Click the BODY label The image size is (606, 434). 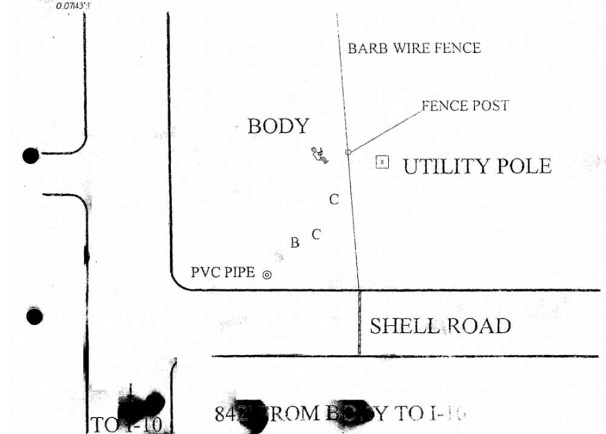tap(278, 127)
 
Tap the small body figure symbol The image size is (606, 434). tap(319, 155)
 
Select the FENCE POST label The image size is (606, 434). tap(465, 106)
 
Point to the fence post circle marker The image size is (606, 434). tap(348, 152)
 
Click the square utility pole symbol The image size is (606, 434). tap(382, 162)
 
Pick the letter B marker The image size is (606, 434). tap(295, 243)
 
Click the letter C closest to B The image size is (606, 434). tap(315, 234)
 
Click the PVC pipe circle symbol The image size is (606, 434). tap(267, 275)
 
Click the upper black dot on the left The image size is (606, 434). tap(31, 156)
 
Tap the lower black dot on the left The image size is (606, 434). tap(35, 316)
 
